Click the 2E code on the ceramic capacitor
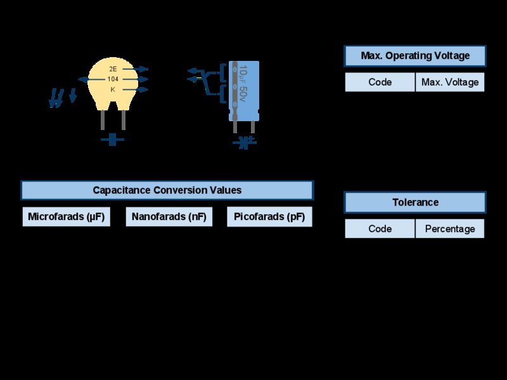pyautogui.click(x=113, y=69)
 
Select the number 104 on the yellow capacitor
pyautogui.click(x=113, y=79)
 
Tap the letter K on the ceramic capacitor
pyautogui.click(x=113, y=89)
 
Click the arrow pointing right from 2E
pyautogui.click(x=136, y=69)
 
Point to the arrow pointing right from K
pyautogui.click(x=136, y=89)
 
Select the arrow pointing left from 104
pyautogui.click(x=91, y=79)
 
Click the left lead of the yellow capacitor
pyautogui.click(x=103, y=120)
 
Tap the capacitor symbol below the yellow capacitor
pyautogui.click(x=113, y=140)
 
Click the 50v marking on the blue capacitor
pyautogui.click(x=243, y=93)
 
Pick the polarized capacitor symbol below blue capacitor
pyautogui.click(x=245, y=142)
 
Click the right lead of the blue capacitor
pyautogui.click(x=253, y=127)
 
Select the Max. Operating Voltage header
pyautogui.click(x=415, y=56)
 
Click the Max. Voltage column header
pyautogui.click(x=450, y=82)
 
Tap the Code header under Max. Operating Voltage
pyautogui.click(x=380, y=82)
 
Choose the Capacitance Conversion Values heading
pyautogui.click(x=167, y=190)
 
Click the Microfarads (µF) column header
pyautogui.click(x=67, y=216)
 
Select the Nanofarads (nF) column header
pyautogui.click(x=169, y=216)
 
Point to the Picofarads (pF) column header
pyautogui.click(x=270, y=216)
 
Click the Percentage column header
pyautogui.click(x=450, y=229)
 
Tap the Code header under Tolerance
pyautogui.click(x=380, y=229)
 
